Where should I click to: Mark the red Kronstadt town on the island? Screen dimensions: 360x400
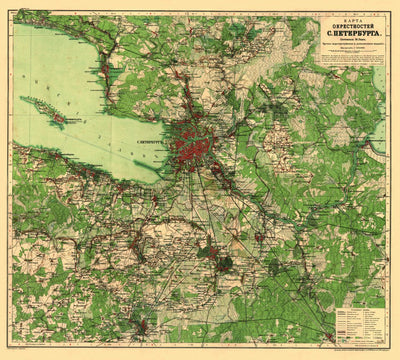(x=59, y=118)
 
